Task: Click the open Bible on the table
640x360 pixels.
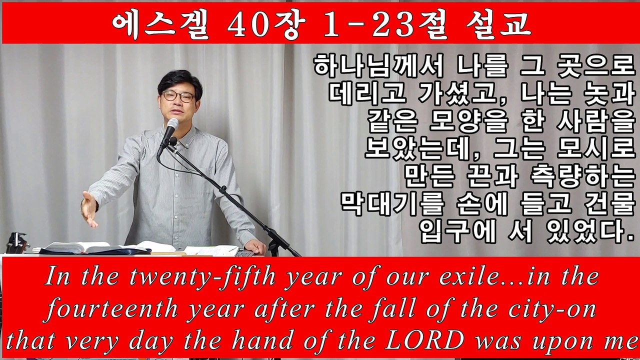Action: click(80, 247)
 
